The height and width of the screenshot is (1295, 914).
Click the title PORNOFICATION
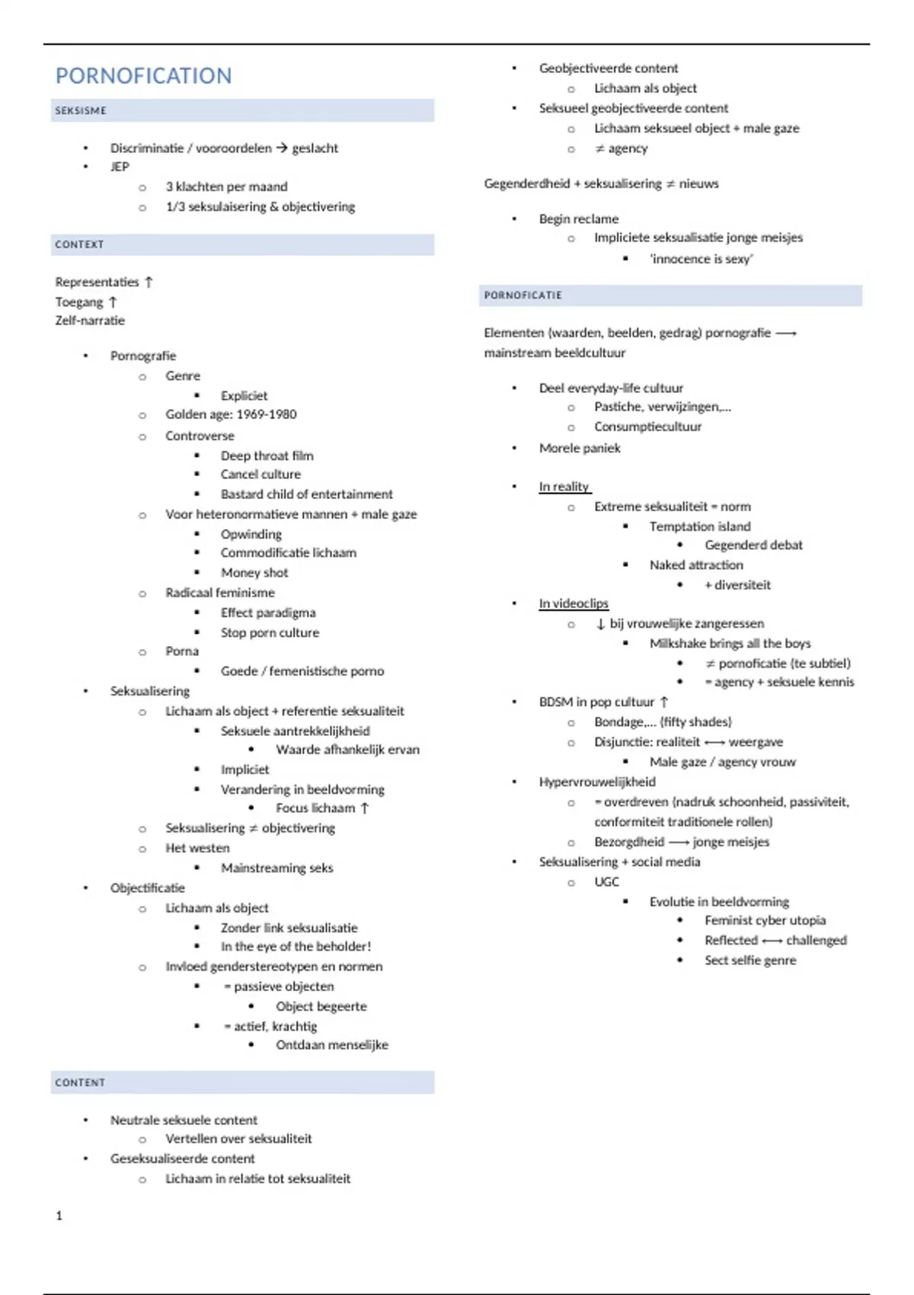point(143,76)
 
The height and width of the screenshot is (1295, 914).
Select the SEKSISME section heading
point(81,110)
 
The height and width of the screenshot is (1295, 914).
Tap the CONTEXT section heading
point(79,245)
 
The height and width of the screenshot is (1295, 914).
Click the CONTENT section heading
point(80,1082)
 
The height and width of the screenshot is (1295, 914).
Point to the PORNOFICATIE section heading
point(523,296)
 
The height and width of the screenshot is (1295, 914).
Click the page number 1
point(59,1216)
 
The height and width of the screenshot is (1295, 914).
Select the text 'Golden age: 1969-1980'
point(231,414)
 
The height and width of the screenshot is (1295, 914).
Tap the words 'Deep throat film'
point(267,456)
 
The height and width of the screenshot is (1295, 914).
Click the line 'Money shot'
point(254,573)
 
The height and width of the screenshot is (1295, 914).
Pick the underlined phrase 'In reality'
point(564,487)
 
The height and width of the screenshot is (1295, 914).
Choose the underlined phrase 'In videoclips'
point(574,603)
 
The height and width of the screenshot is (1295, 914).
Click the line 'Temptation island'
point(700,526)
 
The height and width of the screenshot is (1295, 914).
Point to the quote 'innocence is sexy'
point(701,259)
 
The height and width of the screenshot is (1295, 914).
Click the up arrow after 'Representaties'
point(149,282)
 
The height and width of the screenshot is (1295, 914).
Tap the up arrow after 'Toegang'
point(113,302)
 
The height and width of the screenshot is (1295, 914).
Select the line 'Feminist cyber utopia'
point(765,920)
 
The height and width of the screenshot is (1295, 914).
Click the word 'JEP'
point(120,167)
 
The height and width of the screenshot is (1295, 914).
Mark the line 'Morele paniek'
point(580,448)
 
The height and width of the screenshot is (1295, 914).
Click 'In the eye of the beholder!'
point(296,946)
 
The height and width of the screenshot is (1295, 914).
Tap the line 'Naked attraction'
point(696,565)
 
